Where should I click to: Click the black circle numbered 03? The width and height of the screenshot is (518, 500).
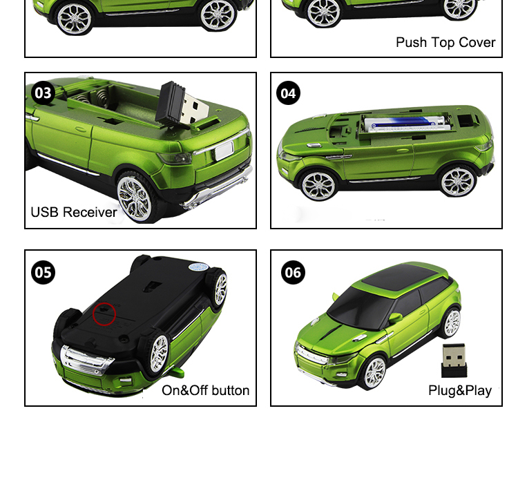click(x=43, y=93)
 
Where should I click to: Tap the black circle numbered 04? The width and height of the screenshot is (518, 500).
click(x=289, y=93)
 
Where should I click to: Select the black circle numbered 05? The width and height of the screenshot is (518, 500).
click(x=43, y=273)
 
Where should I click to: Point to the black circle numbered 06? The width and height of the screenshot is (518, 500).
click(x=293, y=273)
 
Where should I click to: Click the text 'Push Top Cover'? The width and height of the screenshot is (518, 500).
click(x=445, y=43)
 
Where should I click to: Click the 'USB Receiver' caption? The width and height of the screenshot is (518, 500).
click(x=74, y=212)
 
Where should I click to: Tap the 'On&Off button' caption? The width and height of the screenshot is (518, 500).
click(x=206, y=390)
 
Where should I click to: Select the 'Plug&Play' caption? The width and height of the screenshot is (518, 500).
click(x=460, y=391)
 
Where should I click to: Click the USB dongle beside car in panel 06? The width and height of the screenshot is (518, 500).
click(x=454, y=360)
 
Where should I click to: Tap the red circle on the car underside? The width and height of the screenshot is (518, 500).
click(x=104, y=314)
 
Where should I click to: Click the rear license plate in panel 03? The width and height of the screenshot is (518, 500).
click(x=224, y=151)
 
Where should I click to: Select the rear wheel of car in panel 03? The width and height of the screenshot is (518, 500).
click(x=135, y=198)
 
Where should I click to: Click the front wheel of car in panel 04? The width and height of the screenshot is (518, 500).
click(x=318, y=186)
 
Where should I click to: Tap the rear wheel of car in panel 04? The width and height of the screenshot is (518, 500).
click(x=458, y=182)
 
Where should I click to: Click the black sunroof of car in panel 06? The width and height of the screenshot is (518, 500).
click(x=403, y=276)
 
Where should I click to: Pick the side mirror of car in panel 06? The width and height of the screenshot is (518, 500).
click(x=394, y=318)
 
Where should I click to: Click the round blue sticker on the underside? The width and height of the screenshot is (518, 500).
click(x=198, y=267)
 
